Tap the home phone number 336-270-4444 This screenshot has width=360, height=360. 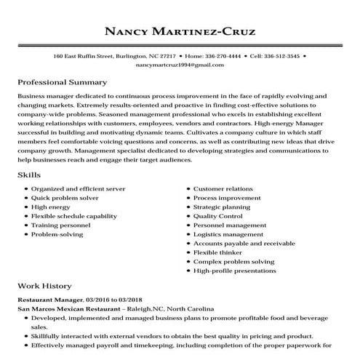point(221,55)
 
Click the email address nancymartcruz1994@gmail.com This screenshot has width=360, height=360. point(180,65)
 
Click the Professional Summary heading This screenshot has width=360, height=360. point(62,82)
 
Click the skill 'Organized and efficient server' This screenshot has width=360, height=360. point(78,188)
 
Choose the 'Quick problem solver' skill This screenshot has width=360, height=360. point(64,198)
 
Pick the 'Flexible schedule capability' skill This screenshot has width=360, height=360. point(73,216)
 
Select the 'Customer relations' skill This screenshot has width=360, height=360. point(223,188)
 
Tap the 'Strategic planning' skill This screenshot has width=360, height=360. point(223,207)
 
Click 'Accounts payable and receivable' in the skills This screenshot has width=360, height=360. point(244,244)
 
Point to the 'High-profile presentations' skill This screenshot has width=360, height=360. point(235,271)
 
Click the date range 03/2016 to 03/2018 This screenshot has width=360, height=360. point(114,300)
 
